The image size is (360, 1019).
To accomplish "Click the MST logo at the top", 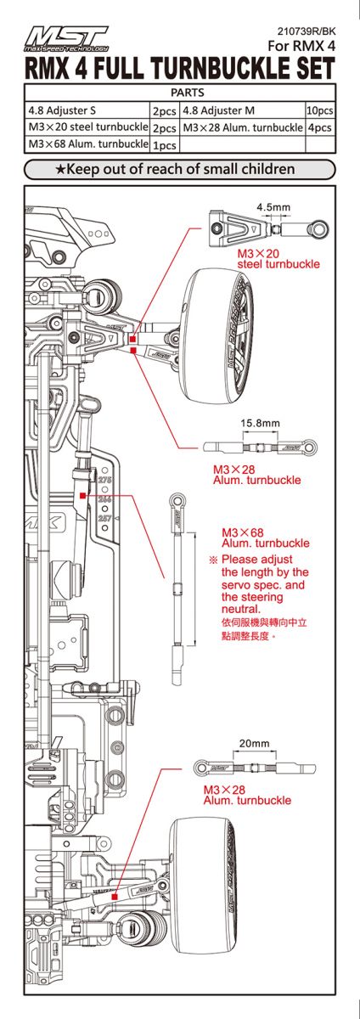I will (68, 37).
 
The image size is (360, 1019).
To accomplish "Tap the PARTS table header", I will (180, 92).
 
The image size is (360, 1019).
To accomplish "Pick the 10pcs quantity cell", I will (319, 110).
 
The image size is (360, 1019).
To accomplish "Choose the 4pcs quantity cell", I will (319, 127).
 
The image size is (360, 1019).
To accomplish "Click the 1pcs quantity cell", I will (163, 145).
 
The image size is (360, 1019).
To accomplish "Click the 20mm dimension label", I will (254, 743).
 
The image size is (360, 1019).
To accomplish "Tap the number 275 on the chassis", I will (105, 481).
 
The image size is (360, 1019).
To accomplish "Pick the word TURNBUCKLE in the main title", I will (217, 68).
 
